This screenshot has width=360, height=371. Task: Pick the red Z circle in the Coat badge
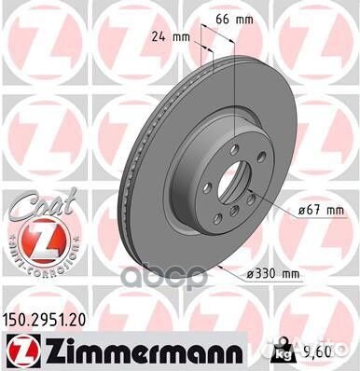click(36, 224)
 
